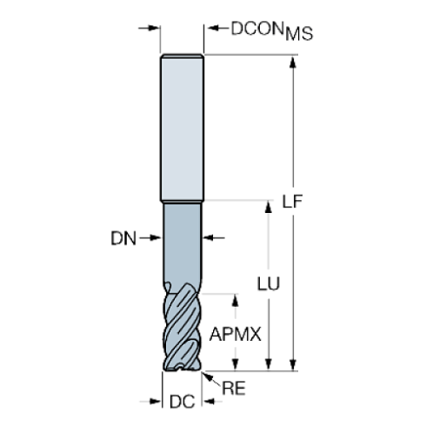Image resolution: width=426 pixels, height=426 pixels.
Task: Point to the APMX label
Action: pyautogui.click(x=237, y=332)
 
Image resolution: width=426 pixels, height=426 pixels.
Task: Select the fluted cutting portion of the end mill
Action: pyautogui.click(x=183, y=330)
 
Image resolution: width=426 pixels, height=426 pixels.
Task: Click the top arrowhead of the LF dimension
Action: pyautogui.click(x=293, y=61)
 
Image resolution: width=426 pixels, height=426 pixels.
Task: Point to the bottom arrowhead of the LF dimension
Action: pyautogui.click(x=293, y=365)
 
